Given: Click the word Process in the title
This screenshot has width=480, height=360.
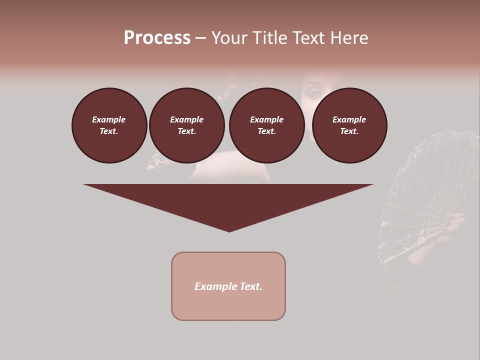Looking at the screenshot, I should pyautogui.click(x=157, y=38).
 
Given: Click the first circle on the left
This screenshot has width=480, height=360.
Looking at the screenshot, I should pyautogui.click(x=109, y=125).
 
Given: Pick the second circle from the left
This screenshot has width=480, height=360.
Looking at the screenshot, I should pyautogui.click(x=186, y=125).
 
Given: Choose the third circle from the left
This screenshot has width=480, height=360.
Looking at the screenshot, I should pyautogui.click(x=266, y=125).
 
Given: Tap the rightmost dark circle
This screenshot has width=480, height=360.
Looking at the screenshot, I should pyautogui.click(x=349, y=125).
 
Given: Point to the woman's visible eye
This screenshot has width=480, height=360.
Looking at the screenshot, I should pyautogui.click(x=314, y=93).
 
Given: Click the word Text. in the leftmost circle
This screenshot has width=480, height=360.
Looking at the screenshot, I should pyautogui.click(x=109, y=131).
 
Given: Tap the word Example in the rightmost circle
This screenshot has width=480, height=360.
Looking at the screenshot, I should pyautogui.click(x=349, y=119).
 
